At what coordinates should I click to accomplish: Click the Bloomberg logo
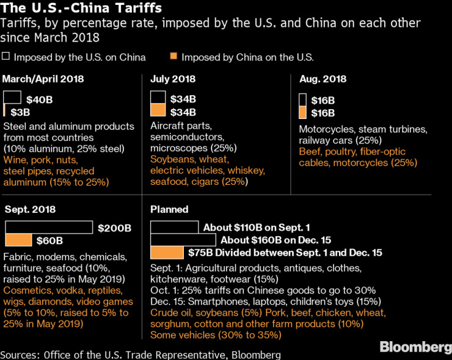(x=412, y=347)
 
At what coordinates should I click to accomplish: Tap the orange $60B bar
(x=18, y=240)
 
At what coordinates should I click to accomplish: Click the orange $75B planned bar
(x=167, y=252)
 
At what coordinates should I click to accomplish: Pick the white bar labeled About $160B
(x=183, y=240)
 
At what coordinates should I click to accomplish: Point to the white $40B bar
(x=12, y=98)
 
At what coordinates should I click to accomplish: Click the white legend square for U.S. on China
(x=6, y=57)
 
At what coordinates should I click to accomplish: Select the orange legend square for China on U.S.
(x=173, y=57)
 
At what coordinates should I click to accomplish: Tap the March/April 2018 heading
(x=43, y=79)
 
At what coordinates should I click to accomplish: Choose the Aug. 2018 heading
(x=323, y=79)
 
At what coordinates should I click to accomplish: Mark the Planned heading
(x=169, y=209)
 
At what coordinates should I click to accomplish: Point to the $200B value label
(x=114, y=228)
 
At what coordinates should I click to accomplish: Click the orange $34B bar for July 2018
(x=158, y=110)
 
